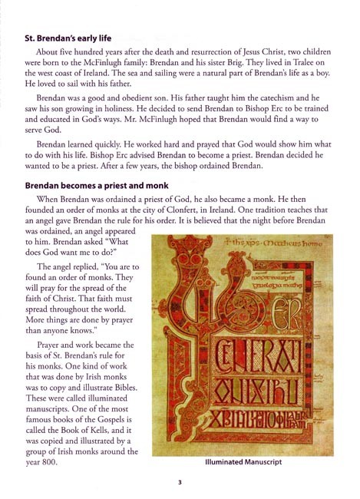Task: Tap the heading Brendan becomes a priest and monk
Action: point(97,185)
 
